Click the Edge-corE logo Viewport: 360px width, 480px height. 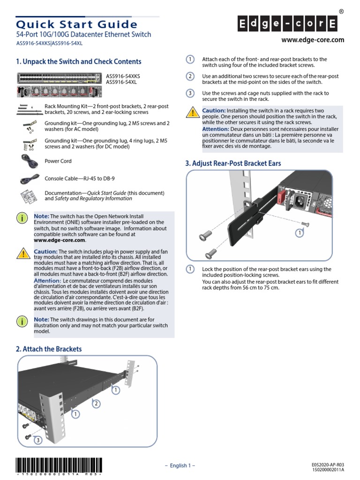point(289,23)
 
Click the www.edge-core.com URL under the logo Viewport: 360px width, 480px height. point(313,40)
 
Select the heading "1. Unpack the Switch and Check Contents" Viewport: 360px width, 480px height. point(78,61)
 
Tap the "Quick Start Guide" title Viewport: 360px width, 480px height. point(77,24)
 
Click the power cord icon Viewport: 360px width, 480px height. point(29,162)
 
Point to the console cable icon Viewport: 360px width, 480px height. point(29,179)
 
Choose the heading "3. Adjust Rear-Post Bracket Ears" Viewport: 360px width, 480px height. point(233,163)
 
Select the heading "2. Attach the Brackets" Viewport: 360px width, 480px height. point(49,349)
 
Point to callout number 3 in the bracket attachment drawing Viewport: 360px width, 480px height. point(38,440)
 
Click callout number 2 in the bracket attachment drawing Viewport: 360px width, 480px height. point(96,404)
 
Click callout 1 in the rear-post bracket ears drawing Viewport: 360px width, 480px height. point(298,232)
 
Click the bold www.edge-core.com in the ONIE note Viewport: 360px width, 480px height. point(60,240)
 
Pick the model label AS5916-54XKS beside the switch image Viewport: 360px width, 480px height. point(123,75)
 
